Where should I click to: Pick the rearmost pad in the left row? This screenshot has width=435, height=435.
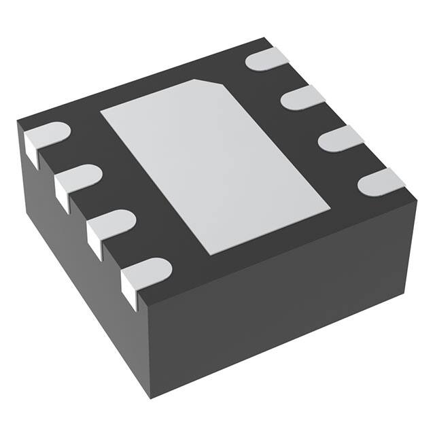(46, 136)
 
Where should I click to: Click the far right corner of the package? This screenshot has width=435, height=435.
(415, 201)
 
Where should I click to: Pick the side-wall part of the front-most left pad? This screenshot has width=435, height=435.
(129, 289)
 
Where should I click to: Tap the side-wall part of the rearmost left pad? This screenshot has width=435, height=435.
(31, 150)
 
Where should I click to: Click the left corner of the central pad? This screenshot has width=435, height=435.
(102, 111)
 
